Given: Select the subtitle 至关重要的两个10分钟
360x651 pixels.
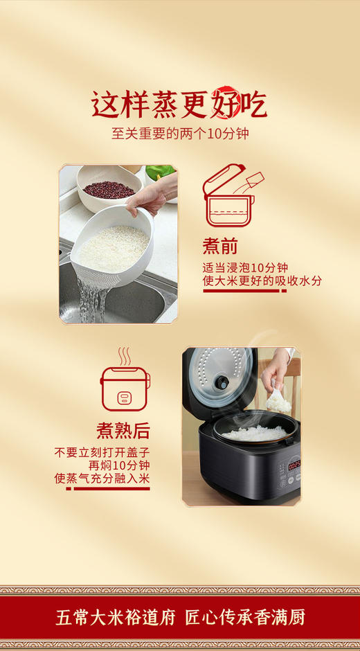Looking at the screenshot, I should tap(180, 133).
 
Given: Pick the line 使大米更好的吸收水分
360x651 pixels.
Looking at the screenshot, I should tap(261, 281).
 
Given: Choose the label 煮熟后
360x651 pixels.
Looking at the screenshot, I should tap(123, 430).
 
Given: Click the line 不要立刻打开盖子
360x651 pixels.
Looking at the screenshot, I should tap(102, 452).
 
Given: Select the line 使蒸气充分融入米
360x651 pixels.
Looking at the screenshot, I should tap(102, 478).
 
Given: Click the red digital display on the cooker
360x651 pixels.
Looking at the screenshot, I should tap(294, 465).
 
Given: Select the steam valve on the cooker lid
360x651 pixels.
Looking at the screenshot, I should tap(224, 381).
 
